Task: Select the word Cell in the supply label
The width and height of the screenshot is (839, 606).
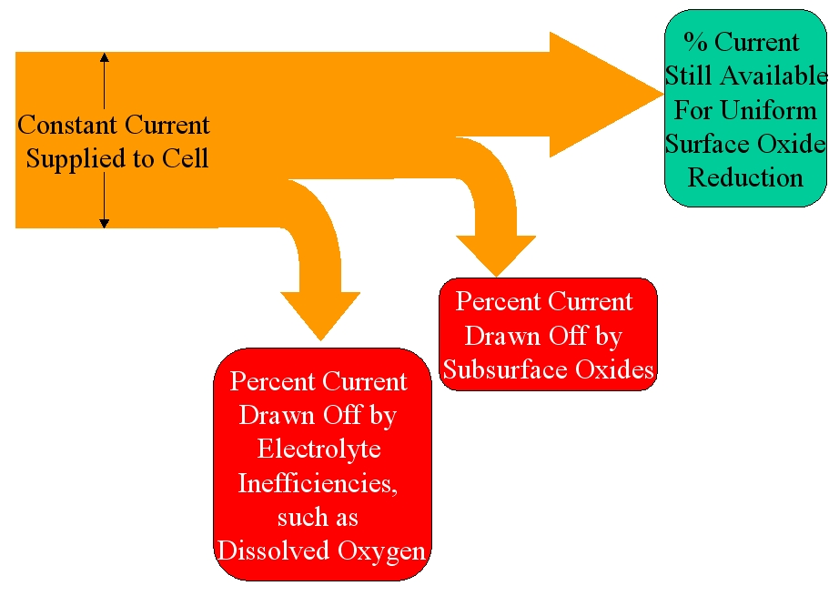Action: [187, 159]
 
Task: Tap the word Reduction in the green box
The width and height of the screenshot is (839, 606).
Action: [745, 177]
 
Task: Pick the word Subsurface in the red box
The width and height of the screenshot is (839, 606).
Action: [505, 369]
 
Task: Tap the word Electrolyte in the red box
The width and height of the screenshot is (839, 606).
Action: [318, 449]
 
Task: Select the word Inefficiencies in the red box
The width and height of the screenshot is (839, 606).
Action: [317, 482]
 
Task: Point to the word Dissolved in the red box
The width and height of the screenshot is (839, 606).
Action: [269, 550]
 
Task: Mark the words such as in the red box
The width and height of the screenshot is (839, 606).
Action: [317, 517]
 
